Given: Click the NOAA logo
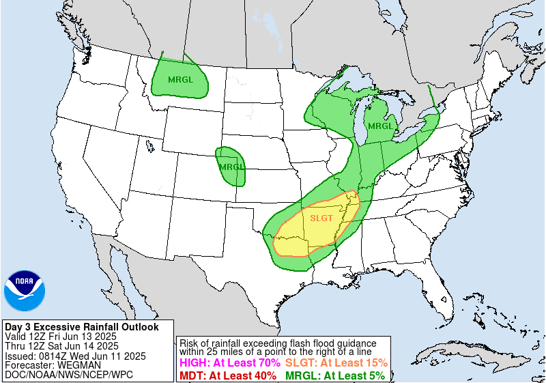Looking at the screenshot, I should pyautogui.click(x=25, y=290).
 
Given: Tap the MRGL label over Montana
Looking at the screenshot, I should pyautogui.click(x=180, y=79).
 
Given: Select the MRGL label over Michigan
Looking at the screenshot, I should pyautogui.click(x=381, y=126).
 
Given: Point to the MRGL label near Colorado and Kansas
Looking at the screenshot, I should pyautogui.click(x=231, y=167).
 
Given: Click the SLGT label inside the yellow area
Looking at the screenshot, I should pyautogui.click(x=321, y=218).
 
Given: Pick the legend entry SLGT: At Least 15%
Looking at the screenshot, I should pyautogui.click(x=336, y=363).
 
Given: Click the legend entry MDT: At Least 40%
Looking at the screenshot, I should pyautogui.click(x=227, y=375).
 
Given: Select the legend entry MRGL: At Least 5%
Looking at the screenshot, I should pyautogui.click(x=334, y=375).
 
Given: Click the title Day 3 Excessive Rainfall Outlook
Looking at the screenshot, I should pyautogui.click(x=81, y=327).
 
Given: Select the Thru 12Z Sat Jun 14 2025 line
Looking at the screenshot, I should pyautogui.click(x=61, y=346).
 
